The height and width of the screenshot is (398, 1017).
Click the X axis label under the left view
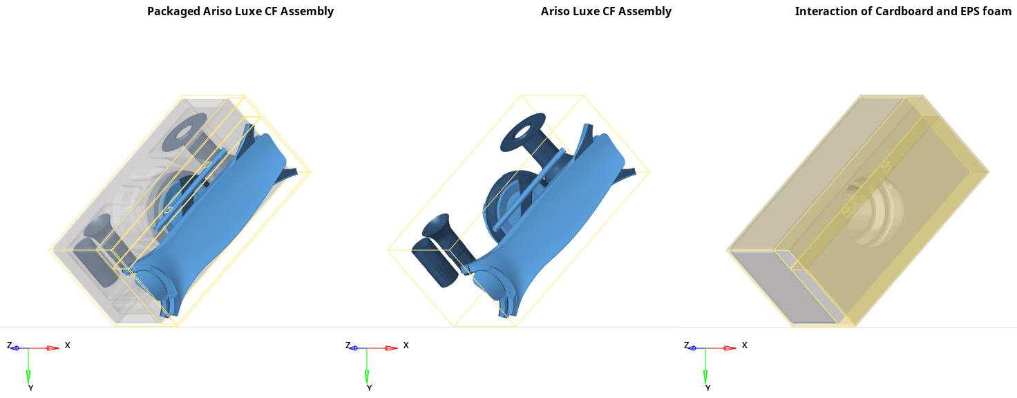[x=67, y=345]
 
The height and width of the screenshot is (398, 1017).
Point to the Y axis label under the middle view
[x=369, y=388]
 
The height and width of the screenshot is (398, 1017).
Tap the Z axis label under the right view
[x=687, y=345]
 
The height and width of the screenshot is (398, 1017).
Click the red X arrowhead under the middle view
[x=391, y=348]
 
